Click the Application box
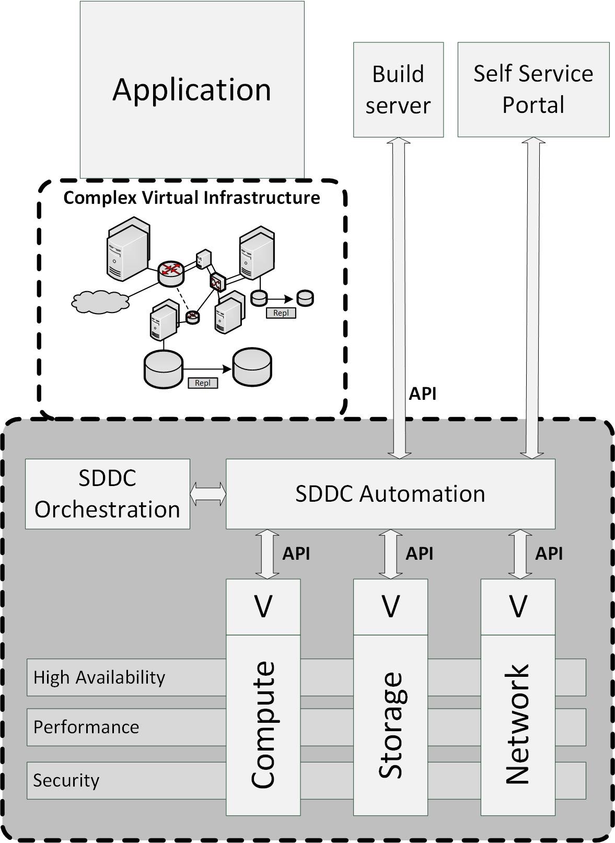[x=192, y=89]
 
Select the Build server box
[x=398, y=89]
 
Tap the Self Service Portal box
[x=533, y=89]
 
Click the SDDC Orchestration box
[x=107, y=494]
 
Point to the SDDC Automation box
[x=390, y=494]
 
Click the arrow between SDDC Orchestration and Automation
[x=208, y=494]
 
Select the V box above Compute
[x=263, y=607]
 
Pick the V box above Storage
[x=390, y=607]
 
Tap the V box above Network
[x=518, y=607]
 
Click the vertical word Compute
[x=263, y=724]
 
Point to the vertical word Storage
[x=390, y=724]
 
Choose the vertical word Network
[x=518, y=724]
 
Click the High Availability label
[x=99, y=677]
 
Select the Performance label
[x=86, y=727]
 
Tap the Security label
[x=66, y=780]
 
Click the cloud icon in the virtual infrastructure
[x=100, y=302]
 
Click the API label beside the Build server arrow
[x=422, y=394]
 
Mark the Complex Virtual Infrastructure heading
[x=191, y=198]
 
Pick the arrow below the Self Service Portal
[x=533, y=298]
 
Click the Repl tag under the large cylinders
[x=202, y=383]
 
